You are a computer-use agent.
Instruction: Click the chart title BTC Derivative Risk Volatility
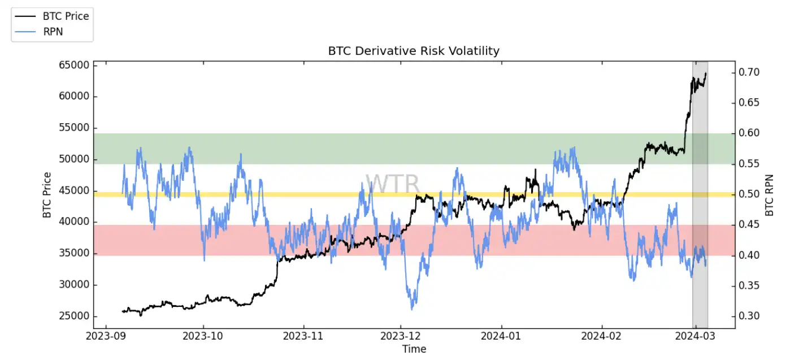pyautogui.click(x=414, y=51)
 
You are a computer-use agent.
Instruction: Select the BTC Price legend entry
pyautogui.click(x=66, y=16)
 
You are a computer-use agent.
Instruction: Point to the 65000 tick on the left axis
pyautogui.click(x=75, y=65)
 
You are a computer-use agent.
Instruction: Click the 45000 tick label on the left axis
pyautogui.click(x=75, y=190)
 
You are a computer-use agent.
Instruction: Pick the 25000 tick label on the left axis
pyautogui.click(x=75, y=316)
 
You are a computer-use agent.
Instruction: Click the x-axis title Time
pyautogui.click(x=414, y=349)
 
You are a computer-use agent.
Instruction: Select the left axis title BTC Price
pyautogui.click(x=47, y=194)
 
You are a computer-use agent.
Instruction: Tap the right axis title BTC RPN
pyautogui.click(x=769, y=194)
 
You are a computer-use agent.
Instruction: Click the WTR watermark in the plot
pyautogui.click(x=392, y=184)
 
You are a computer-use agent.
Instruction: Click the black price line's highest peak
pyautogui.click(x=706, y=73)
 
